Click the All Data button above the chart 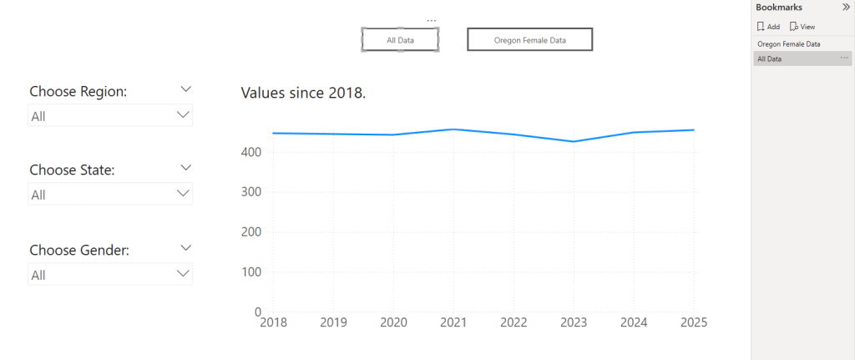[400, 39]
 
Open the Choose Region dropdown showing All [110, 116]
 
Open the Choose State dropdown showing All [110, 195]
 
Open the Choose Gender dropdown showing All [110, 274]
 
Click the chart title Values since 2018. [303, 93]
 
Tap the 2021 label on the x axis [453, 322]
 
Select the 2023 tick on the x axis [573, 322]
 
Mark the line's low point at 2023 [573, 141]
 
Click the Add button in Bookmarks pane [768, 27]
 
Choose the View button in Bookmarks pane [802, 27]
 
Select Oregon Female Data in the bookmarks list [788, 43]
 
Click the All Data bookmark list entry [770, 58]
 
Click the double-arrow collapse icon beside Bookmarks [845, 7]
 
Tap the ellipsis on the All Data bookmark [844, 58]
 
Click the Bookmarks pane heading [778, 7]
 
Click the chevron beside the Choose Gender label [186, 248]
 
